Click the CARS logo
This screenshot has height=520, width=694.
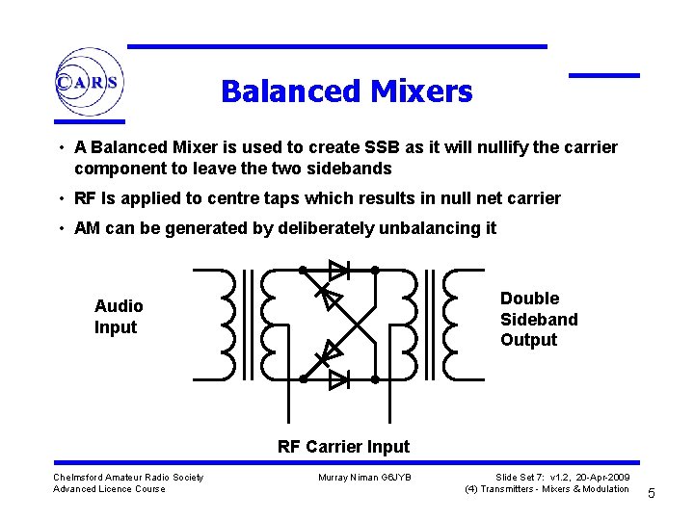88,83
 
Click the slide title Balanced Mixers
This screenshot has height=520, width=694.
346,91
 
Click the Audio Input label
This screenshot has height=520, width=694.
119,317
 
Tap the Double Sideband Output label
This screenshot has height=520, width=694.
538,319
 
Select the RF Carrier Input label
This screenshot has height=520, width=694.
343,447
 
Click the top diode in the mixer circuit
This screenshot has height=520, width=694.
337,270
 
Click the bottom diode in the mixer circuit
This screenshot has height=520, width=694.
337,379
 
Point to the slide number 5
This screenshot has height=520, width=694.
651,494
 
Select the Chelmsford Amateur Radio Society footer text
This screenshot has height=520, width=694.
128,478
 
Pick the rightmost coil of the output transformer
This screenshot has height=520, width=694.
462,325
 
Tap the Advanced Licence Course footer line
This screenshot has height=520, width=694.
109,489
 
